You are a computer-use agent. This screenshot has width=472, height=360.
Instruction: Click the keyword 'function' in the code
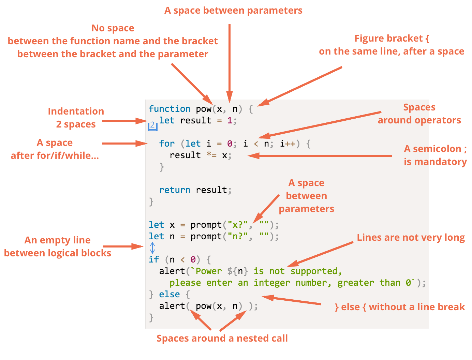(169, 109)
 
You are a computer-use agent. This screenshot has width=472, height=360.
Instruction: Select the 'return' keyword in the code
(175, 190)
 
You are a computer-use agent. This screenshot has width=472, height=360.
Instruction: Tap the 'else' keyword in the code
(169, 294)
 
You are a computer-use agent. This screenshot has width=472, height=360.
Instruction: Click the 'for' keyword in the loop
(167, 144)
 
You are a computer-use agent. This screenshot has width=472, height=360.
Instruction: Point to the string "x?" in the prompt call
(238, 225)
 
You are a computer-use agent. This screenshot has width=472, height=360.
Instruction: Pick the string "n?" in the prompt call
(238, 236)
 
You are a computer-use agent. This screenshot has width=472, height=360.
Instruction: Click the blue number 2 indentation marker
(152, 126)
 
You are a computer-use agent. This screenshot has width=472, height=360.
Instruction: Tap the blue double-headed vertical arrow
(152, 248)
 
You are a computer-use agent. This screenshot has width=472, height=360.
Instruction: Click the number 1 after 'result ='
(230, 120)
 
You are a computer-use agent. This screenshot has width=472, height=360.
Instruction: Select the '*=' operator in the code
(211, 155)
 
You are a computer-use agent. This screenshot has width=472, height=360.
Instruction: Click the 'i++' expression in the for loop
(287, 144)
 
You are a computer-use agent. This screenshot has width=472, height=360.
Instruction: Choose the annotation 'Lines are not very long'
(411, 238)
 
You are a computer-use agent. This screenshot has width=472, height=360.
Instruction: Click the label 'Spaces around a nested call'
(222, 338)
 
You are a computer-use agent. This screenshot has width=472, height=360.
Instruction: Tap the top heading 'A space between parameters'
(233, 10)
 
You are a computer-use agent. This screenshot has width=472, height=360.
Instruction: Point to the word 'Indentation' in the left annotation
(76, 111)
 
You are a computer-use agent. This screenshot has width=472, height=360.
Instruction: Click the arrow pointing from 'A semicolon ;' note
(320, 155)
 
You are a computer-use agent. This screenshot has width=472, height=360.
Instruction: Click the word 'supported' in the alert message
(314, 271)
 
